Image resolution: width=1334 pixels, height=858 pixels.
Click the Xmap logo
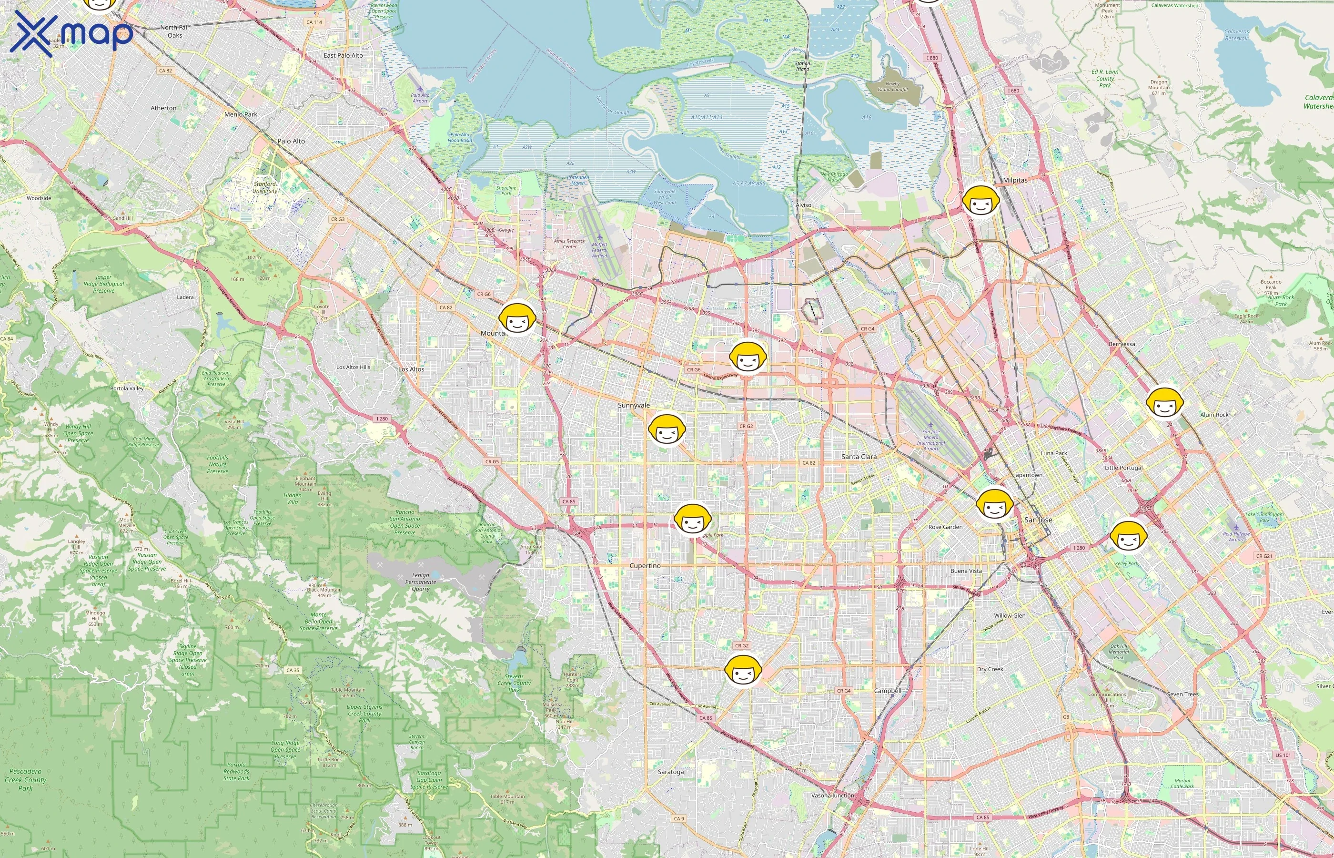click(71, 33)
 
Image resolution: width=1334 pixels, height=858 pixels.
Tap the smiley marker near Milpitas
click(980, 201)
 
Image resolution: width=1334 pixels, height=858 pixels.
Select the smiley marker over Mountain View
click(517, 319)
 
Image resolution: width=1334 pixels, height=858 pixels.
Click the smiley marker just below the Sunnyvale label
click(667, 429)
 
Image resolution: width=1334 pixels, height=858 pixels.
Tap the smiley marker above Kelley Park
click(1128, 537)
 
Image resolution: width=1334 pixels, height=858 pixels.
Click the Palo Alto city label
click(291, 141)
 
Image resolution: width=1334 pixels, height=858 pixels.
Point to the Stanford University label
click(265, 187)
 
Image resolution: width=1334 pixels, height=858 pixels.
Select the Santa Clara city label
click(859, 456)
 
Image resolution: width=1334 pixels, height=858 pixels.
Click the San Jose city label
click(1038, 520)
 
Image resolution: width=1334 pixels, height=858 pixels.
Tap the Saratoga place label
click(670, 772)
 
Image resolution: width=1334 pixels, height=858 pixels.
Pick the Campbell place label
click(888, 690)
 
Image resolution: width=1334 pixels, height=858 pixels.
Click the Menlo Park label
click(241, 114)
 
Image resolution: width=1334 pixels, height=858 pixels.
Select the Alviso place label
click(803, 205)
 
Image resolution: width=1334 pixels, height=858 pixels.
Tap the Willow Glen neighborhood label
click(1010, 616)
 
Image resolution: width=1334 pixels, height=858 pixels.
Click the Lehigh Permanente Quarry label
click(420, 582)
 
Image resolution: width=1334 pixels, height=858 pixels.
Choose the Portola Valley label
click(127, 388)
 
